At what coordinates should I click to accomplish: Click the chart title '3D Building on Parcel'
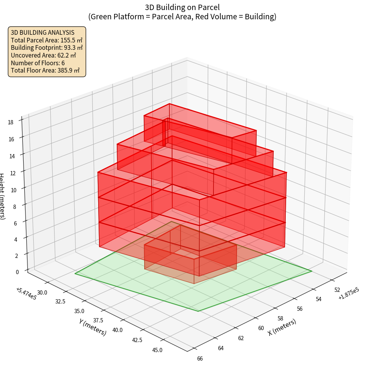(182, 7)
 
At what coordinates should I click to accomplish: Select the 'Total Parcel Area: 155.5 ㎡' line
(47, 40)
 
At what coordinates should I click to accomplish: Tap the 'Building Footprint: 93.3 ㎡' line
(47, 48)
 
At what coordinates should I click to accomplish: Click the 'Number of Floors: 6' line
(38, 63)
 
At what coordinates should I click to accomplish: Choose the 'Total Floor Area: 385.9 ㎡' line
(45, 70)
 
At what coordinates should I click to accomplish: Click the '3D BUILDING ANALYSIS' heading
(37, 32)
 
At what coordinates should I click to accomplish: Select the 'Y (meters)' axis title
(93, 327)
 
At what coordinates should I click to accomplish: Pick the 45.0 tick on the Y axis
(157, 350)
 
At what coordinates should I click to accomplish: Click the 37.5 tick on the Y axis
(98, 321)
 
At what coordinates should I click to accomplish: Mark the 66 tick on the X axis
(200, 359)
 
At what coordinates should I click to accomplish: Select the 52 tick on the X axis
(337, 290)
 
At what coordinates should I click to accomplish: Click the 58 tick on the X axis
(281, 319)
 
